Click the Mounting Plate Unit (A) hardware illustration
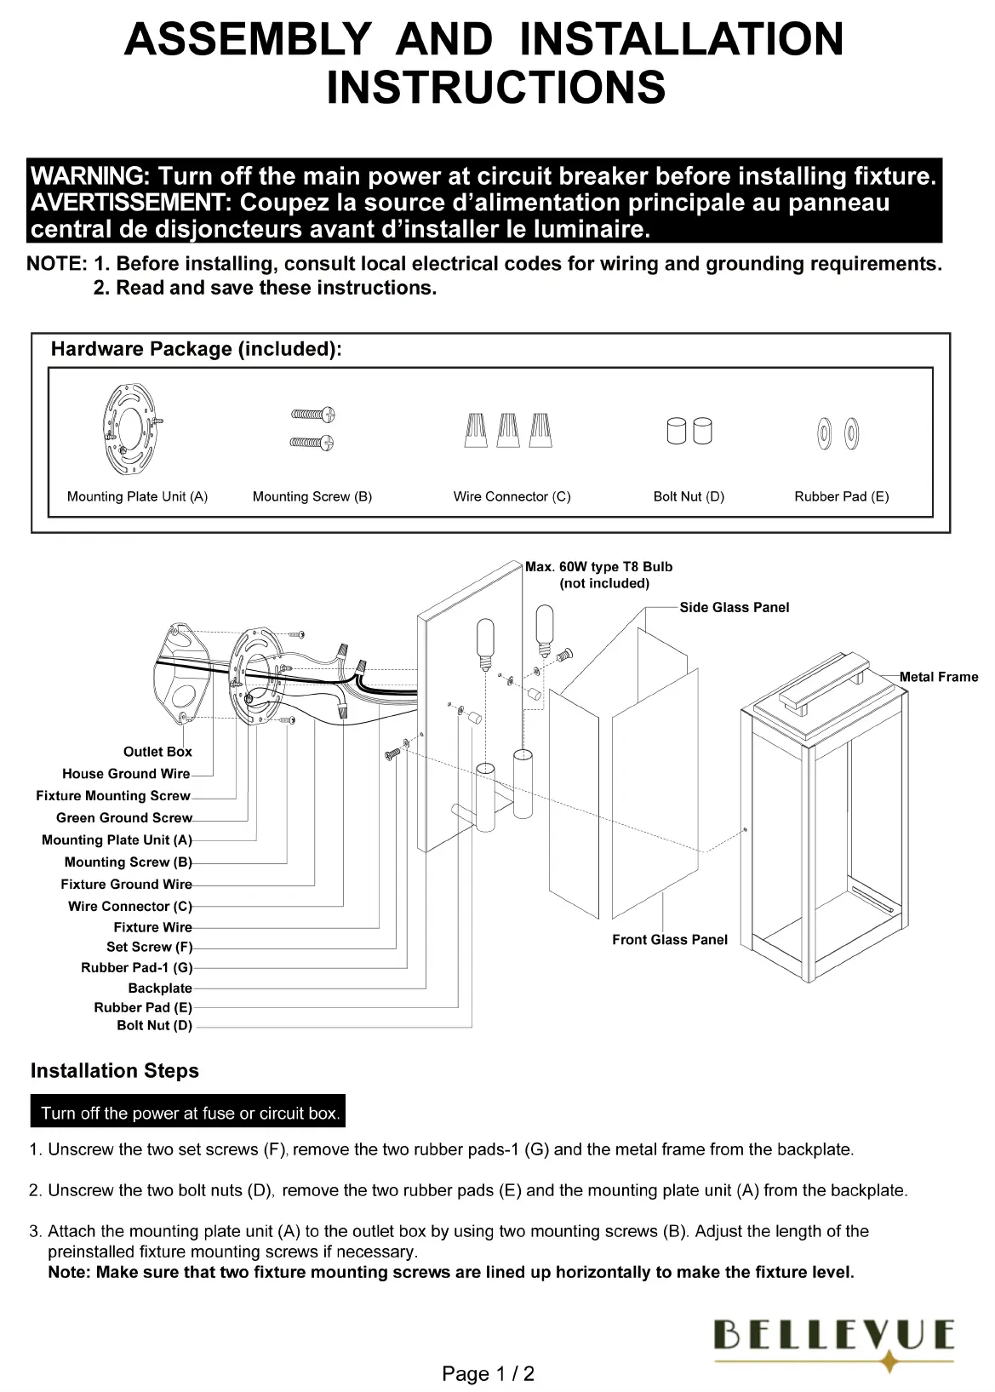(x=134, y=432)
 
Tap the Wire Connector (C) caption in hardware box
(x=512, y=496)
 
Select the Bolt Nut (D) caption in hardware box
(x=689, y=496)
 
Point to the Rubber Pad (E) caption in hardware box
(x=841, y=496)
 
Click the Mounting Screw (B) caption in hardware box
(x=312, y=496)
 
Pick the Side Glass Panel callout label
(x=734, y=607)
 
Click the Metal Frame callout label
(x=938, y=677)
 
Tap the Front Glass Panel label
(x=670, y=939)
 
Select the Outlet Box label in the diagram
(x=157, y=752)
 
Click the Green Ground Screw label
(x=124, y=818)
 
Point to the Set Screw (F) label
(x=150, y=947)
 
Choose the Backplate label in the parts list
(x=160, y=988)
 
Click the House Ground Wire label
(x=126, y=774)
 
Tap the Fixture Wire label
(x=153, y=927)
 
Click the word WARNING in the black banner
(x=89, y=177)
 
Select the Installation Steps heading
(x=115, y=1071)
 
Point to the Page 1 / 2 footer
(x=489, y=1373)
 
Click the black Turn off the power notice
(x=190, y=1113)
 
